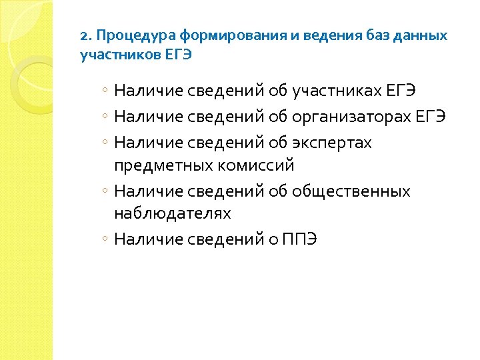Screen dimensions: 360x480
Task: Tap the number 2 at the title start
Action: pos(83,35)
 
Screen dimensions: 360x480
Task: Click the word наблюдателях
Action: pos(173,213)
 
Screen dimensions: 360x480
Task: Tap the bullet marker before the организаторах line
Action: pos(106,117)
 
